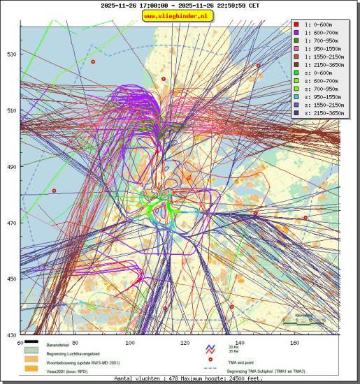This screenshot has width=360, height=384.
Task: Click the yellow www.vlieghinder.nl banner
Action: click(x=179, y=15)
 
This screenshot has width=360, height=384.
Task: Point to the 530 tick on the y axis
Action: click(x=12, y=54)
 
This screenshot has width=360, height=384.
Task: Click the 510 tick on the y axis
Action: click(x=12, y=110)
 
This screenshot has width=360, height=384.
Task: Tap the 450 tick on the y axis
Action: click(x=12, y=279)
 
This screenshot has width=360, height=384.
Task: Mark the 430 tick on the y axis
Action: click(x=12, y=335)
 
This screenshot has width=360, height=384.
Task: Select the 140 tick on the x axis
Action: click(x=240, y=343)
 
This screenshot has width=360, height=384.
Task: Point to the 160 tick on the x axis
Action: click(x=294, y=343)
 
